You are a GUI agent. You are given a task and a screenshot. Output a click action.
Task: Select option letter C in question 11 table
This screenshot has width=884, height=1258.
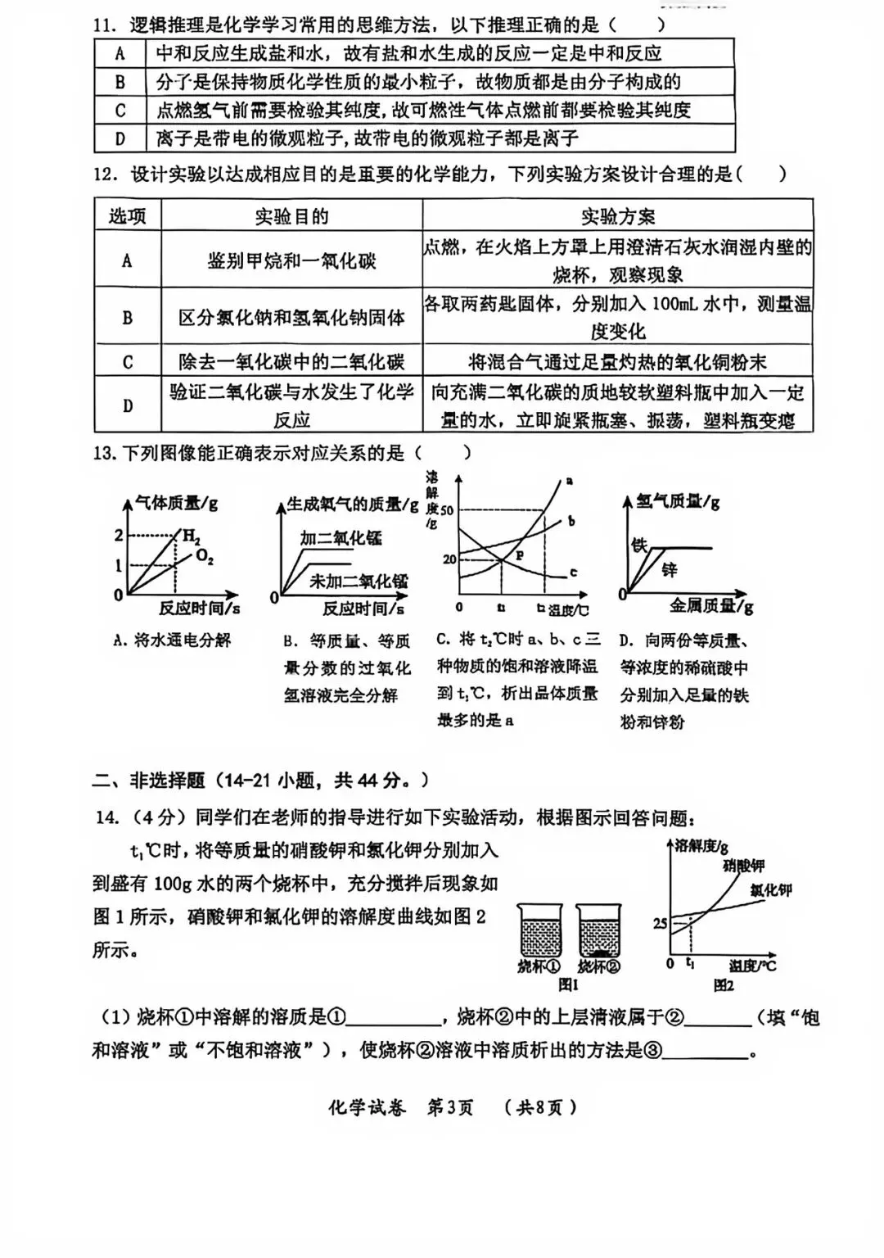(120, 111)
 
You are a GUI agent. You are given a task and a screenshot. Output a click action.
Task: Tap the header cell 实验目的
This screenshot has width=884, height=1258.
(291, 216)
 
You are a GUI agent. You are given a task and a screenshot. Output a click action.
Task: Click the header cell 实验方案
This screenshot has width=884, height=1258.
(618, 216)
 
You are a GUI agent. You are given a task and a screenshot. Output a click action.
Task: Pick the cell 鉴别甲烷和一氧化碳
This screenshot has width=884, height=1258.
(291, 261)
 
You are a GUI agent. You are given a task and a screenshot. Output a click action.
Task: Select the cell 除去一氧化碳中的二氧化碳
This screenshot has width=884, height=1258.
(291, 362)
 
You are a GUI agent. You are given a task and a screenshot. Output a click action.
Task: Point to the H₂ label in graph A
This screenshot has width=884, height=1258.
(190, 537)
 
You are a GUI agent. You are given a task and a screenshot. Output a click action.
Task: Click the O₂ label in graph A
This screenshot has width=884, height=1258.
(205, 558)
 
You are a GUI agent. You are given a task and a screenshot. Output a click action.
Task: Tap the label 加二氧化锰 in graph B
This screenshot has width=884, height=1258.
(341, 539)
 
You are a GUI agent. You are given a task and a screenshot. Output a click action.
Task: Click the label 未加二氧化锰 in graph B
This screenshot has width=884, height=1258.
(358, 581)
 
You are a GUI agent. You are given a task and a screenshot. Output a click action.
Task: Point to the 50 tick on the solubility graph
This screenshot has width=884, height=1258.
(447, 510)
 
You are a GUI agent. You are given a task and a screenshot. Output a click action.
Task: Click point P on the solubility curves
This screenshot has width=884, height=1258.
(518, 554)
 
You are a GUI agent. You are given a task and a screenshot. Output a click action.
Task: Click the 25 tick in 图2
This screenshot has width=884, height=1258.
(660, 923)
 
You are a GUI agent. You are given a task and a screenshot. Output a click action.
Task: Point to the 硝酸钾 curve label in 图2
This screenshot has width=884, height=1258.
(743, 866)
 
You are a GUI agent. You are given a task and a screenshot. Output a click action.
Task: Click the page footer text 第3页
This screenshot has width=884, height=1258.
(450, 1108)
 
